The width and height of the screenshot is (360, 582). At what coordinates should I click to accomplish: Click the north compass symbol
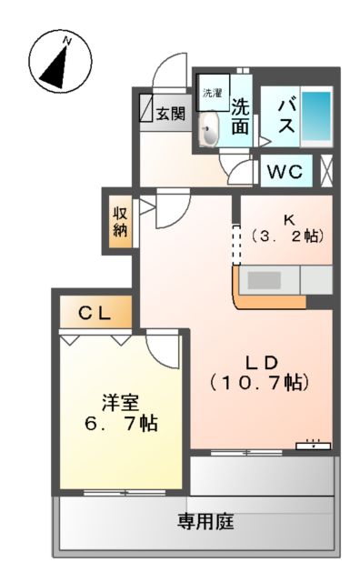55,63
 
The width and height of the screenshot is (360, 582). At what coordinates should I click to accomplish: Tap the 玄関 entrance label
170,114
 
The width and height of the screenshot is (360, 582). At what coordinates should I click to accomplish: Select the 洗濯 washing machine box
212,93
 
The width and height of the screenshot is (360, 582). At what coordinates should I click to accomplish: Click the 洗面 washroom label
240,116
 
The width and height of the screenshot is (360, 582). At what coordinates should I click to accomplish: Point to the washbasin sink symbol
209,131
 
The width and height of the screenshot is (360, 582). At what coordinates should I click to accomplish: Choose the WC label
286,171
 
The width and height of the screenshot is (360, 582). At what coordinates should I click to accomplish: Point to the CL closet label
94,314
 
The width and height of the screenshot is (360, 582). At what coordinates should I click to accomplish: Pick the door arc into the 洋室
162,345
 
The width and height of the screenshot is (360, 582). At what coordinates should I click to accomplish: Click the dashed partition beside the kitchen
234,246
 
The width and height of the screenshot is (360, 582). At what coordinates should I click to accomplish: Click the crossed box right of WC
326,170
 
